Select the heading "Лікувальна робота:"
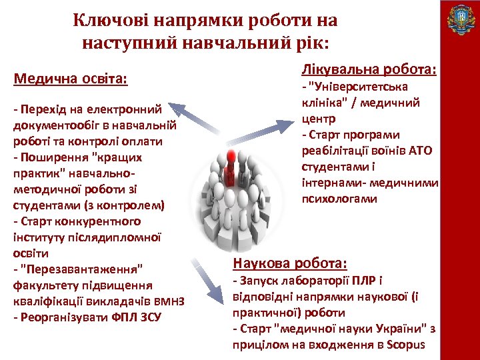click(x=369, y=69)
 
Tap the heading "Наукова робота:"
click(x=289, y=263)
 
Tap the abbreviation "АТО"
click(x=419, y=150)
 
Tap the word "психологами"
click(x=339, y=199)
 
